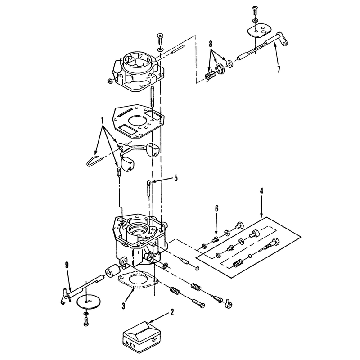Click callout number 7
click(279, 69)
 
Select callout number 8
click(211, 43)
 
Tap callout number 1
click(103, 121)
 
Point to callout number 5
click(176, 178)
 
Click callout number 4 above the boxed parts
click(261, 191)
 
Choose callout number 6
click(216, 208)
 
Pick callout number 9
click(67, 265)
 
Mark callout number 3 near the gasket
click(123, 306)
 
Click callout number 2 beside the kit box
click(172, 312)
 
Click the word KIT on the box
click(131, 344)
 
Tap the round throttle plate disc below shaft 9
click(87, 301)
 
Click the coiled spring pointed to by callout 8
click(210, 76)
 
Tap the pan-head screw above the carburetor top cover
click(160, 40)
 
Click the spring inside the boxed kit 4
click(239, 263)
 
